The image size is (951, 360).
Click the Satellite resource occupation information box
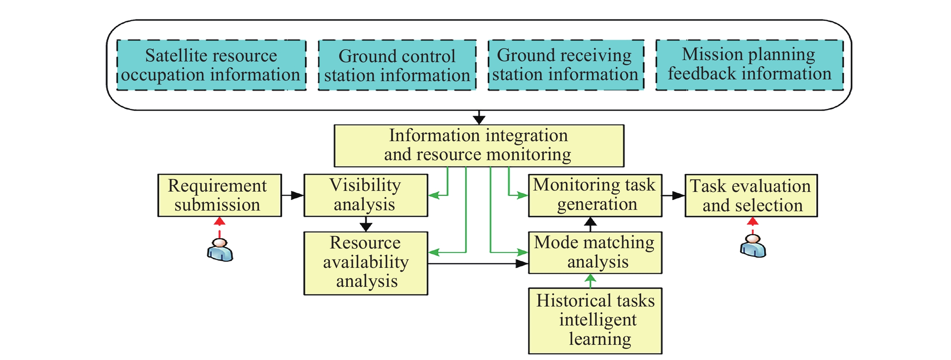[211, 65]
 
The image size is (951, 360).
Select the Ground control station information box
[397, 65]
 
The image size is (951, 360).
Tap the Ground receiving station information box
[566, 65]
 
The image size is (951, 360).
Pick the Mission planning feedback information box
[749, 65]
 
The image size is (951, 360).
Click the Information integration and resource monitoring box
[479, 145]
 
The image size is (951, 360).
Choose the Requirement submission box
[219, 195]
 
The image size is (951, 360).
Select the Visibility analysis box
[365, 195]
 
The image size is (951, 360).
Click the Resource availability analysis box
[365, 263]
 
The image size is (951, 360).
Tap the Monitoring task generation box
[595, 195]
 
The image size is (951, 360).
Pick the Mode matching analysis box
[595, 253]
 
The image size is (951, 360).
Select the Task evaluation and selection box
[751, 195]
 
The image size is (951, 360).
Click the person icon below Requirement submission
[220, 250]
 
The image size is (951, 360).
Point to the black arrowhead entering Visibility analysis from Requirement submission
[297, 195]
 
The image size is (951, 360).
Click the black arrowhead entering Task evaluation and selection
[678, 195]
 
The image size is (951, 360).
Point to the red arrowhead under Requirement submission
[220, 221]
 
